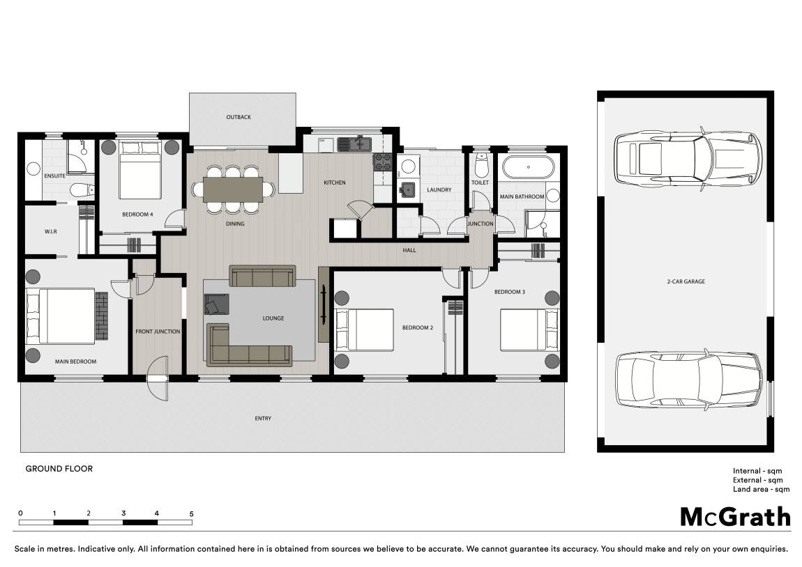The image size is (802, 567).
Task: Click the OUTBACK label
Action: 239,117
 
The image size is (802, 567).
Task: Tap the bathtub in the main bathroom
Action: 528,166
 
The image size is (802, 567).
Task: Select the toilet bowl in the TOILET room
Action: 481,164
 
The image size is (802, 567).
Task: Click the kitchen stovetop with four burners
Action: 383,162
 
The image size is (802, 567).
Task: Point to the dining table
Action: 233,189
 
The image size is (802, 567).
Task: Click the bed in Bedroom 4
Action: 139,169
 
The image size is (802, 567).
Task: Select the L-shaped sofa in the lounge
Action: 249,345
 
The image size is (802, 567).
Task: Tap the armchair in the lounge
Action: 216,304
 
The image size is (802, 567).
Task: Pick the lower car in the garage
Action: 688,380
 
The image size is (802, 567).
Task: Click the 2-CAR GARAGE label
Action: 686,281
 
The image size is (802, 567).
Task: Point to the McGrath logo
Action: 735,517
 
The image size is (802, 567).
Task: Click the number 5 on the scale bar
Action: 191,514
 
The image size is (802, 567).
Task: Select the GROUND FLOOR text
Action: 59,468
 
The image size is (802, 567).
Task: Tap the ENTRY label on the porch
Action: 263,419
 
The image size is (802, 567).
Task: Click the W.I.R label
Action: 51,231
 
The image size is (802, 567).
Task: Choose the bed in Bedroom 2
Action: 363,329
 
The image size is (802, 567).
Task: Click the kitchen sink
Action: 354,144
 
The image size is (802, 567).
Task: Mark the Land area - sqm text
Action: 761,490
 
